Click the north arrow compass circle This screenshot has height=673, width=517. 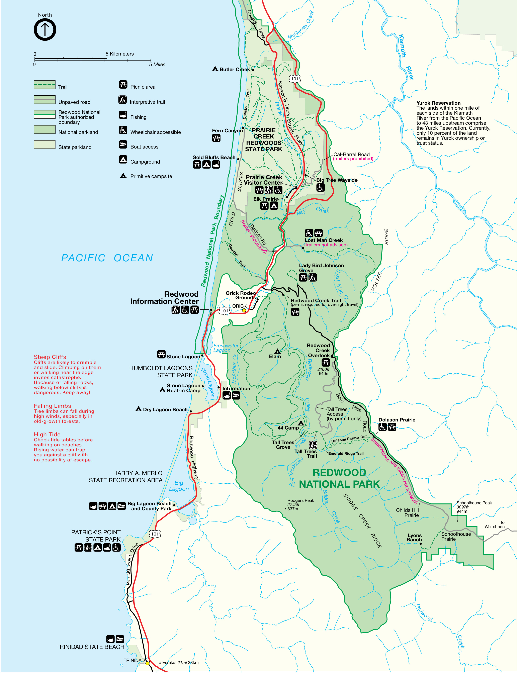pos(45,29)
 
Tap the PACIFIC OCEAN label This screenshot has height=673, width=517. pos(107,258)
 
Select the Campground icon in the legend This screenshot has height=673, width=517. pos(123,159)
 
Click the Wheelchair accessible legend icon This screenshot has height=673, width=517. pos(123,130)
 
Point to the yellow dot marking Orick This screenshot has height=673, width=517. pos(244,310)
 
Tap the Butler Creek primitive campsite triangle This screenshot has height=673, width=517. pos(215,69)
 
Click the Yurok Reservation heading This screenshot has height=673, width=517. pos(438,103)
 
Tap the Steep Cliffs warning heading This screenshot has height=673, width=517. pos(50,357)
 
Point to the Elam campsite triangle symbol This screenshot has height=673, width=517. pos(277,351)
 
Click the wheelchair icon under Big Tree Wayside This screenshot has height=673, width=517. pos(320,187)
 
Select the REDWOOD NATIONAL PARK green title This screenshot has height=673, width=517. pos(339,478)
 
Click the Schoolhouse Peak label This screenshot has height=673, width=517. pos(474,503)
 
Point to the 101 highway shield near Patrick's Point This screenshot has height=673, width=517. pos(155,534)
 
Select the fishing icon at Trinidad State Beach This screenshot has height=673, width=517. pos(110,639)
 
